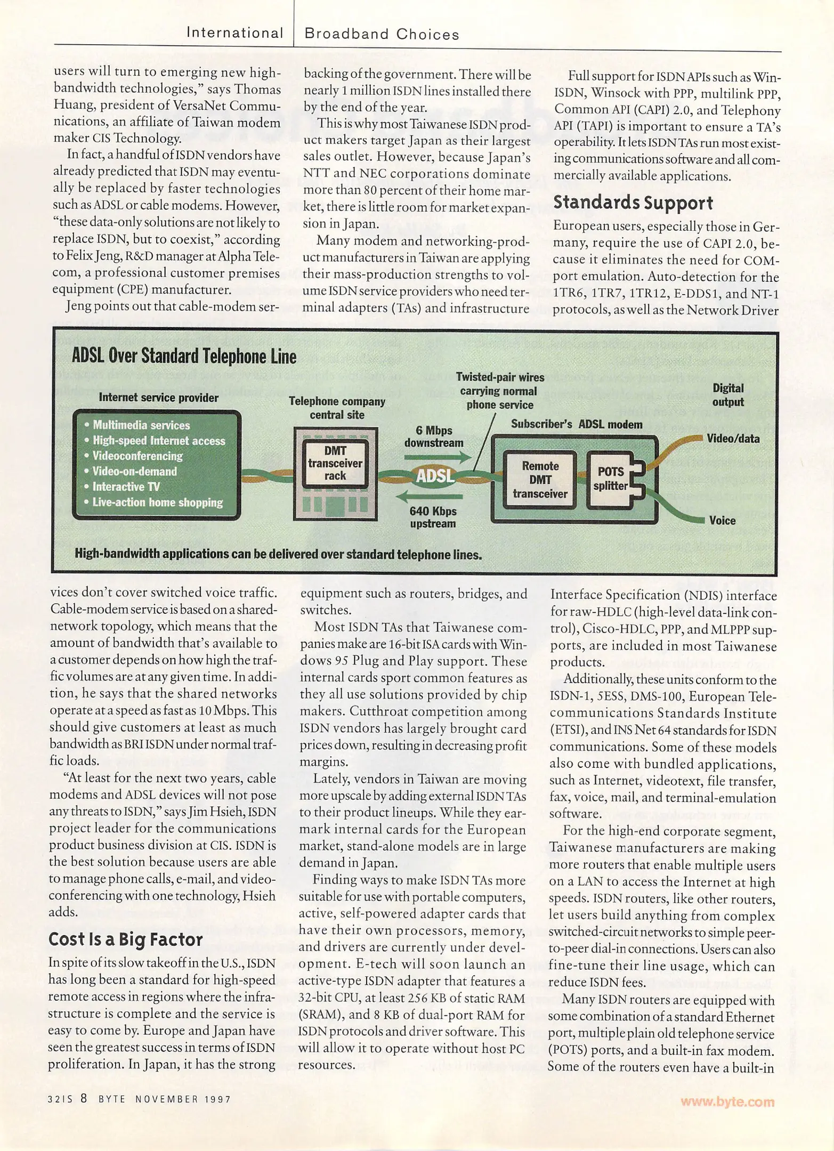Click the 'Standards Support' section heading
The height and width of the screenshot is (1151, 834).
click(633, 202)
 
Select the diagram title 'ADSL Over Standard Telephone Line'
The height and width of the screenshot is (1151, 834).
click(184, 356)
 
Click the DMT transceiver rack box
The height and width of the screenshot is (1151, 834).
click(335, 464)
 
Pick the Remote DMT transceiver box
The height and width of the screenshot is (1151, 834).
click(540, 480)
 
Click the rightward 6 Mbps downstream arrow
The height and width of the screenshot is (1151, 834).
click(438, 457)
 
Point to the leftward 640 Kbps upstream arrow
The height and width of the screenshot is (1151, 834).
click(430, 498)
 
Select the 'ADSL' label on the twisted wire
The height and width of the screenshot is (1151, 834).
click(435, 476)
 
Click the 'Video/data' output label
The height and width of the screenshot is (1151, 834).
click(733, 439)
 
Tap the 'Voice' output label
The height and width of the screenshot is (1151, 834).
click(722, 521)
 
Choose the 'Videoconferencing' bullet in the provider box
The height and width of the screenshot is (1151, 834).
click(137, 456)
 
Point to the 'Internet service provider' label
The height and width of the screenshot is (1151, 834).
click(158, 398)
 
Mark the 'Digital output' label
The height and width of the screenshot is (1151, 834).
click(728, 395)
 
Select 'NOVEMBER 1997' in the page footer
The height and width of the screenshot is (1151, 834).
click(183, 1099)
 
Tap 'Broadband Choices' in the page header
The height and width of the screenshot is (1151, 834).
click(382, 35)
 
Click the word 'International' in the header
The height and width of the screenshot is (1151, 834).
click(234, 33)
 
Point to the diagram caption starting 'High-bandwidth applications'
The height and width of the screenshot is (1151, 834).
click(278, 554)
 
